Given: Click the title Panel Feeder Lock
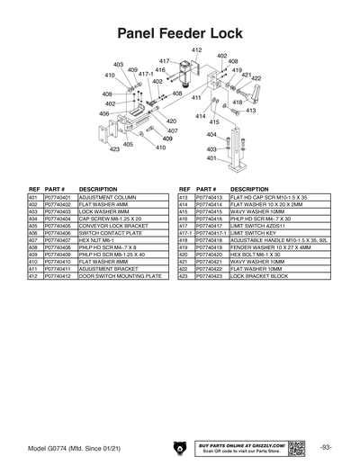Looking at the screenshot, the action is click(x=180, y=32).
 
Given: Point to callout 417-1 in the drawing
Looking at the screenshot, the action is click(x=146, y=75).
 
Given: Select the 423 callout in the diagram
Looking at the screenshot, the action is click(x=115, y=149).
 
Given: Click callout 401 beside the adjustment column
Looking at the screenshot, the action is click(x=211, y=157).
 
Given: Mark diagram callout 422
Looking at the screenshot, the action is click(x=256, y=78).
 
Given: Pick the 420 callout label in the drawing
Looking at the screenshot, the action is click(x=171, y=121).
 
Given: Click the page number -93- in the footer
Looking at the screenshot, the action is click(x=325, y=447).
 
